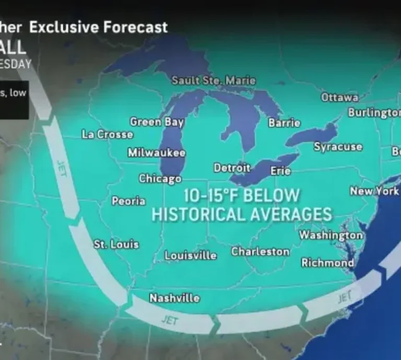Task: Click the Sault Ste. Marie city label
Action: coord(214,80)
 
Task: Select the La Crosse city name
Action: coord(108,134)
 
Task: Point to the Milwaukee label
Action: coord(157,153)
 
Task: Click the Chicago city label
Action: coord(160,178)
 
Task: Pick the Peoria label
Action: coord(128,201)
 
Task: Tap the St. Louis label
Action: coord(116,244)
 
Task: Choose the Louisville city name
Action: coord(191,255)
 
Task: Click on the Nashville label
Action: coord(174,298)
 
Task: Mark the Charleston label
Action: coord(260,251)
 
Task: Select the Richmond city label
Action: coord(327,262)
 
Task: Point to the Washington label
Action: coord(331,235)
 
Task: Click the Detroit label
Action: coord(232,168)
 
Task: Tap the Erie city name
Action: coord(280,171)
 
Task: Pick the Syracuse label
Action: coord(338,147)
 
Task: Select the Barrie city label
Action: coord(284,123)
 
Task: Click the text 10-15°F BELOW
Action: coord(242,196)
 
